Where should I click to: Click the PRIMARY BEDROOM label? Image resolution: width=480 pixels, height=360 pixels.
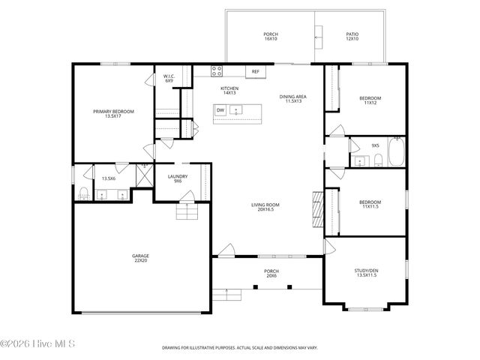[x=113, y=114]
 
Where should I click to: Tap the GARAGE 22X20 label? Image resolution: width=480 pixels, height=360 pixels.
[x=141, y=258]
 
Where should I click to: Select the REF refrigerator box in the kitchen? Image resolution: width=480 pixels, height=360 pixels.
[x=256, y=72]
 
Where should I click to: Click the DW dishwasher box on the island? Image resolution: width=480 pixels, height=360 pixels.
[x=220, y=110]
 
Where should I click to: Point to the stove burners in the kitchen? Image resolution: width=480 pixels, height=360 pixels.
[x=217, y=72]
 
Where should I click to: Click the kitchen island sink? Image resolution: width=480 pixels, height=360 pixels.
[x=237, y=110]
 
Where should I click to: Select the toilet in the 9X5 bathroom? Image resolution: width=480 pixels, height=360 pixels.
[x=379, y=160]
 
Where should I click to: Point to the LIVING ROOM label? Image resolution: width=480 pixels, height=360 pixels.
[x=265, y=207]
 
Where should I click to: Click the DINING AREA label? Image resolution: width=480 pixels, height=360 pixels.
[x=293, y=98]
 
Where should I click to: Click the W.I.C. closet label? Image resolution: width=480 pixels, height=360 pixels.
[x=169, y=78]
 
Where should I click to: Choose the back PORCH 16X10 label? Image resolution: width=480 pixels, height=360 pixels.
[x=270, y=37]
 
